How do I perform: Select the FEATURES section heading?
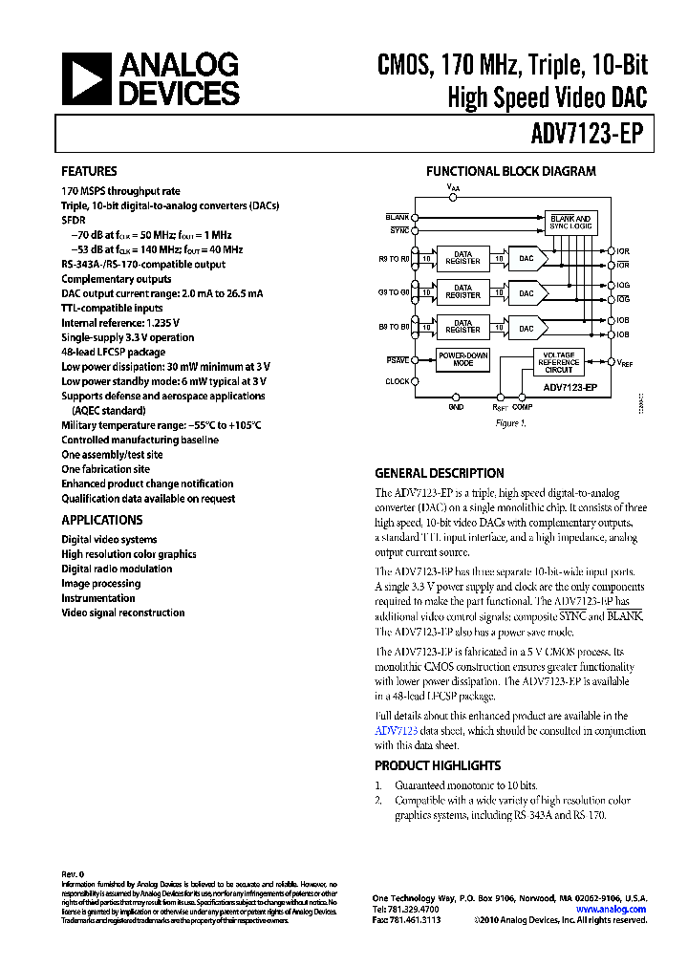(x=89, y=171)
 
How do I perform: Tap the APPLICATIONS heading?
(x=102, y=520)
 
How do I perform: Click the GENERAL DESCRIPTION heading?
(x=439, y=473)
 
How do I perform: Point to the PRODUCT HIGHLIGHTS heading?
(x=437, y=765)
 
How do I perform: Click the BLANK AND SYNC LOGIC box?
(x=570, y=223)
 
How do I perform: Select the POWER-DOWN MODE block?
(x=462, y=359)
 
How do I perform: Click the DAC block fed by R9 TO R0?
(x=527, y=258)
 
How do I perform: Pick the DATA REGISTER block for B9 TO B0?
(x=462, y=326)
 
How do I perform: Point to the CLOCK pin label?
(x=398, y=381)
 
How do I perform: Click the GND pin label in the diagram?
(x=456, y=407)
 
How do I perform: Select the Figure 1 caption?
(x=508, y=422)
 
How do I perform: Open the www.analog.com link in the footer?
(x=619, y=909)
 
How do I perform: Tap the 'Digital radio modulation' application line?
(x=117, y=569)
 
